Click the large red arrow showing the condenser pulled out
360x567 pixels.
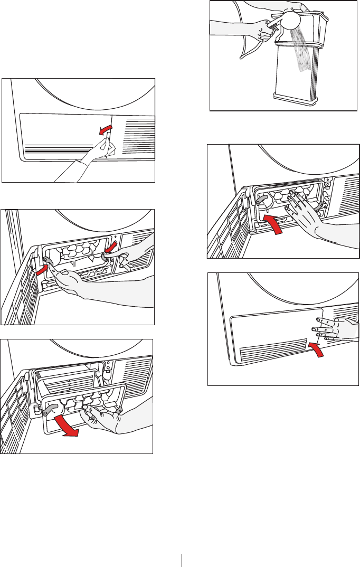pos(64,426)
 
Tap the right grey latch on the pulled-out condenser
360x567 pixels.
pos(119,409)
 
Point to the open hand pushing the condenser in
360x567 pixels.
pos(306,211)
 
